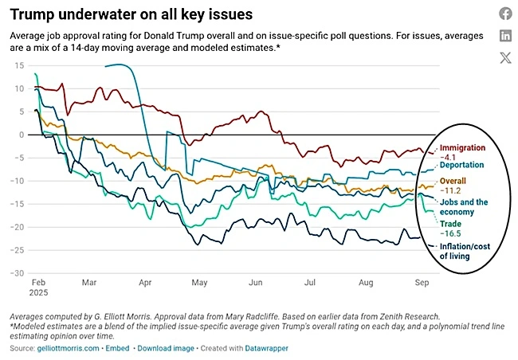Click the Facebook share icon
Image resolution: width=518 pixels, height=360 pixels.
(x=505, y=14)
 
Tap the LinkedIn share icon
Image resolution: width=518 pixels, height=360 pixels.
(x=505, y=35)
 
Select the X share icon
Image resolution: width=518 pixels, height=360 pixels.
(x=505, y=57)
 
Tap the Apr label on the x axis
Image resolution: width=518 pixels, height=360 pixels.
(x=145, y=283)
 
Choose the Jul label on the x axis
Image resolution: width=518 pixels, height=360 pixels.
(x=311, y=283)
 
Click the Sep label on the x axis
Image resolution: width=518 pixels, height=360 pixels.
(x=422, y=283)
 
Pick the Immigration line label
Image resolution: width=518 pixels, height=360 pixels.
(x=465, y=149)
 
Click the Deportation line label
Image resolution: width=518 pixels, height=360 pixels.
(x=465, y=166)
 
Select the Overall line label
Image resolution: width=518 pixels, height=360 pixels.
(x=456, y=182)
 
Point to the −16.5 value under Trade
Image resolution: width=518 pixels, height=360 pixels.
(x=453, y=235)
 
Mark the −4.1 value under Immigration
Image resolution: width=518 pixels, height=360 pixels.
(x=450, y=158)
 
